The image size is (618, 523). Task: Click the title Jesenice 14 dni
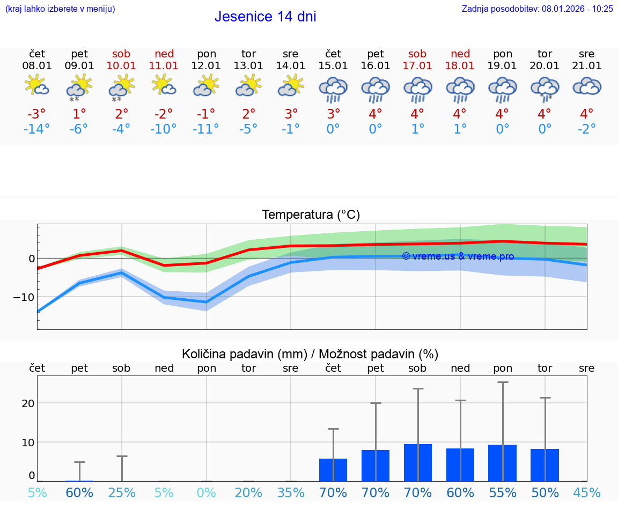pyautogui.click(x=265, y=17)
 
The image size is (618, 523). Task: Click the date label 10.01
pyautogui.click(x=121, y=65)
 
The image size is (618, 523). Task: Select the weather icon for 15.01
pyautogui.click(x=333, y=89)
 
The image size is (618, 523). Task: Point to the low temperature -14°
pyautogui.click(x=36, y=129)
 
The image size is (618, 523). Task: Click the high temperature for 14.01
pyautogui.click(x=291, y=114)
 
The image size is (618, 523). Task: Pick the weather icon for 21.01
pyautogui.click(x=587, y=86)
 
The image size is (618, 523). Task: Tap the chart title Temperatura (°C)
pyautogui.click(x=311, y=215)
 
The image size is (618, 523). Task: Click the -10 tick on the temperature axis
pyautogui.click(x=24, y=297)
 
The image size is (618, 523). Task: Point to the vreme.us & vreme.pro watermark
pyautogui.click(x=458, y=256)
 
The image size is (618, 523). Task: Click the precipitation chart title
pyautogui.click(x=310, y=354)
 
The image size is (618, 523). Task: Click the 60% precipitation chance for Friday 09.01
pyautogui.click(x=79, y=492)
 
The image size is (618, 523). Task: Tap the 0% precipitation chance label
pyautogui.click(x=206, y=492)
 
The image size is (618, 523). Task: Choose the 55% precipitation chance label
pyautogui.click(x=503, y=492)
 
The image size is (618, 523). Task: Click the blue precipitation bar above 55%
pyautogui.click(x=502, y=463)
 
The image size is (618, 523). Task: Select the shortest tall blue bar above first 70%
pyautogui.click(x=333, y=470)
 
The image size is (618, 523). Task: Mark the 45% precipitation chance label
pyautogui.click(x=587, y=492)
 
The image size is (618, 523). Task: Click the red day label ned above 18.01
pyautogui.click(x=460, y=54)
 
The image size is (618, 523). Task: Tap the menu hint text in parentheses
pyautogui.click(x=60, y=9)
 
